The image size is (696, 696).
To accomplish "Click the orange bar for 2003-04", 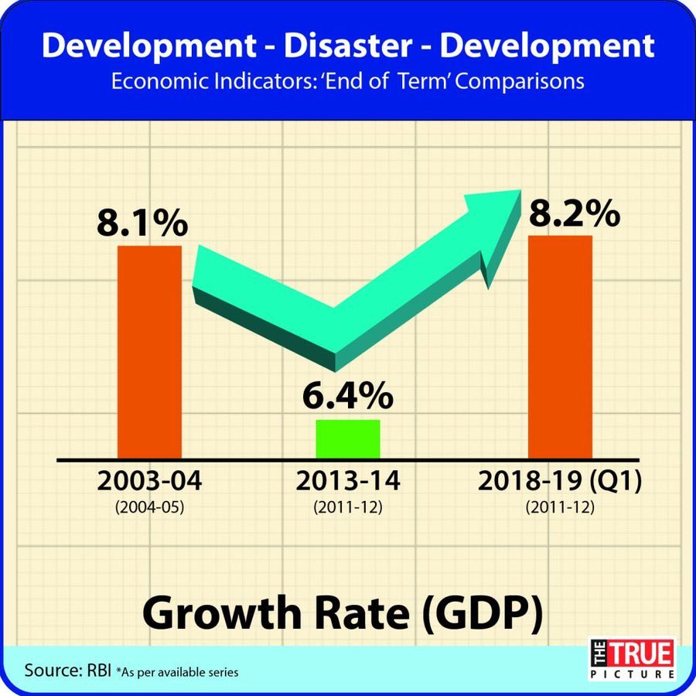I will pyautogui.click(x=149, y=352).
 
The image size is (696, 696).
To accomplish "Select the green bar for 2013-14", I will pyautogui.click(x=348, y=439).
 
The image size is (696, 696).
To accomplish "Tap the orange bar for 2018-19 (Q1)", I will pyautogui.click(x=560, y=346).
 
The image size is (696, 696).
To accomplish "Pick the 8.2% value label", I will pyautogui.click(x=574, y=213).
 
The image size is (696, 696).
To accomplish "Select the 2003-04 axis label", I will pyautogui.click(x=149, y=481).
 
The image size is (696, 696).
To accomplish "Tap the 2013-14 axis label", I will pyautogui.click(x=348, y=481).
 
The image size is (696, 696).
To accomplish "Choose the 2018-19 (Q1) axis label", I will pyautogui.click(x=560, y=481).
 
